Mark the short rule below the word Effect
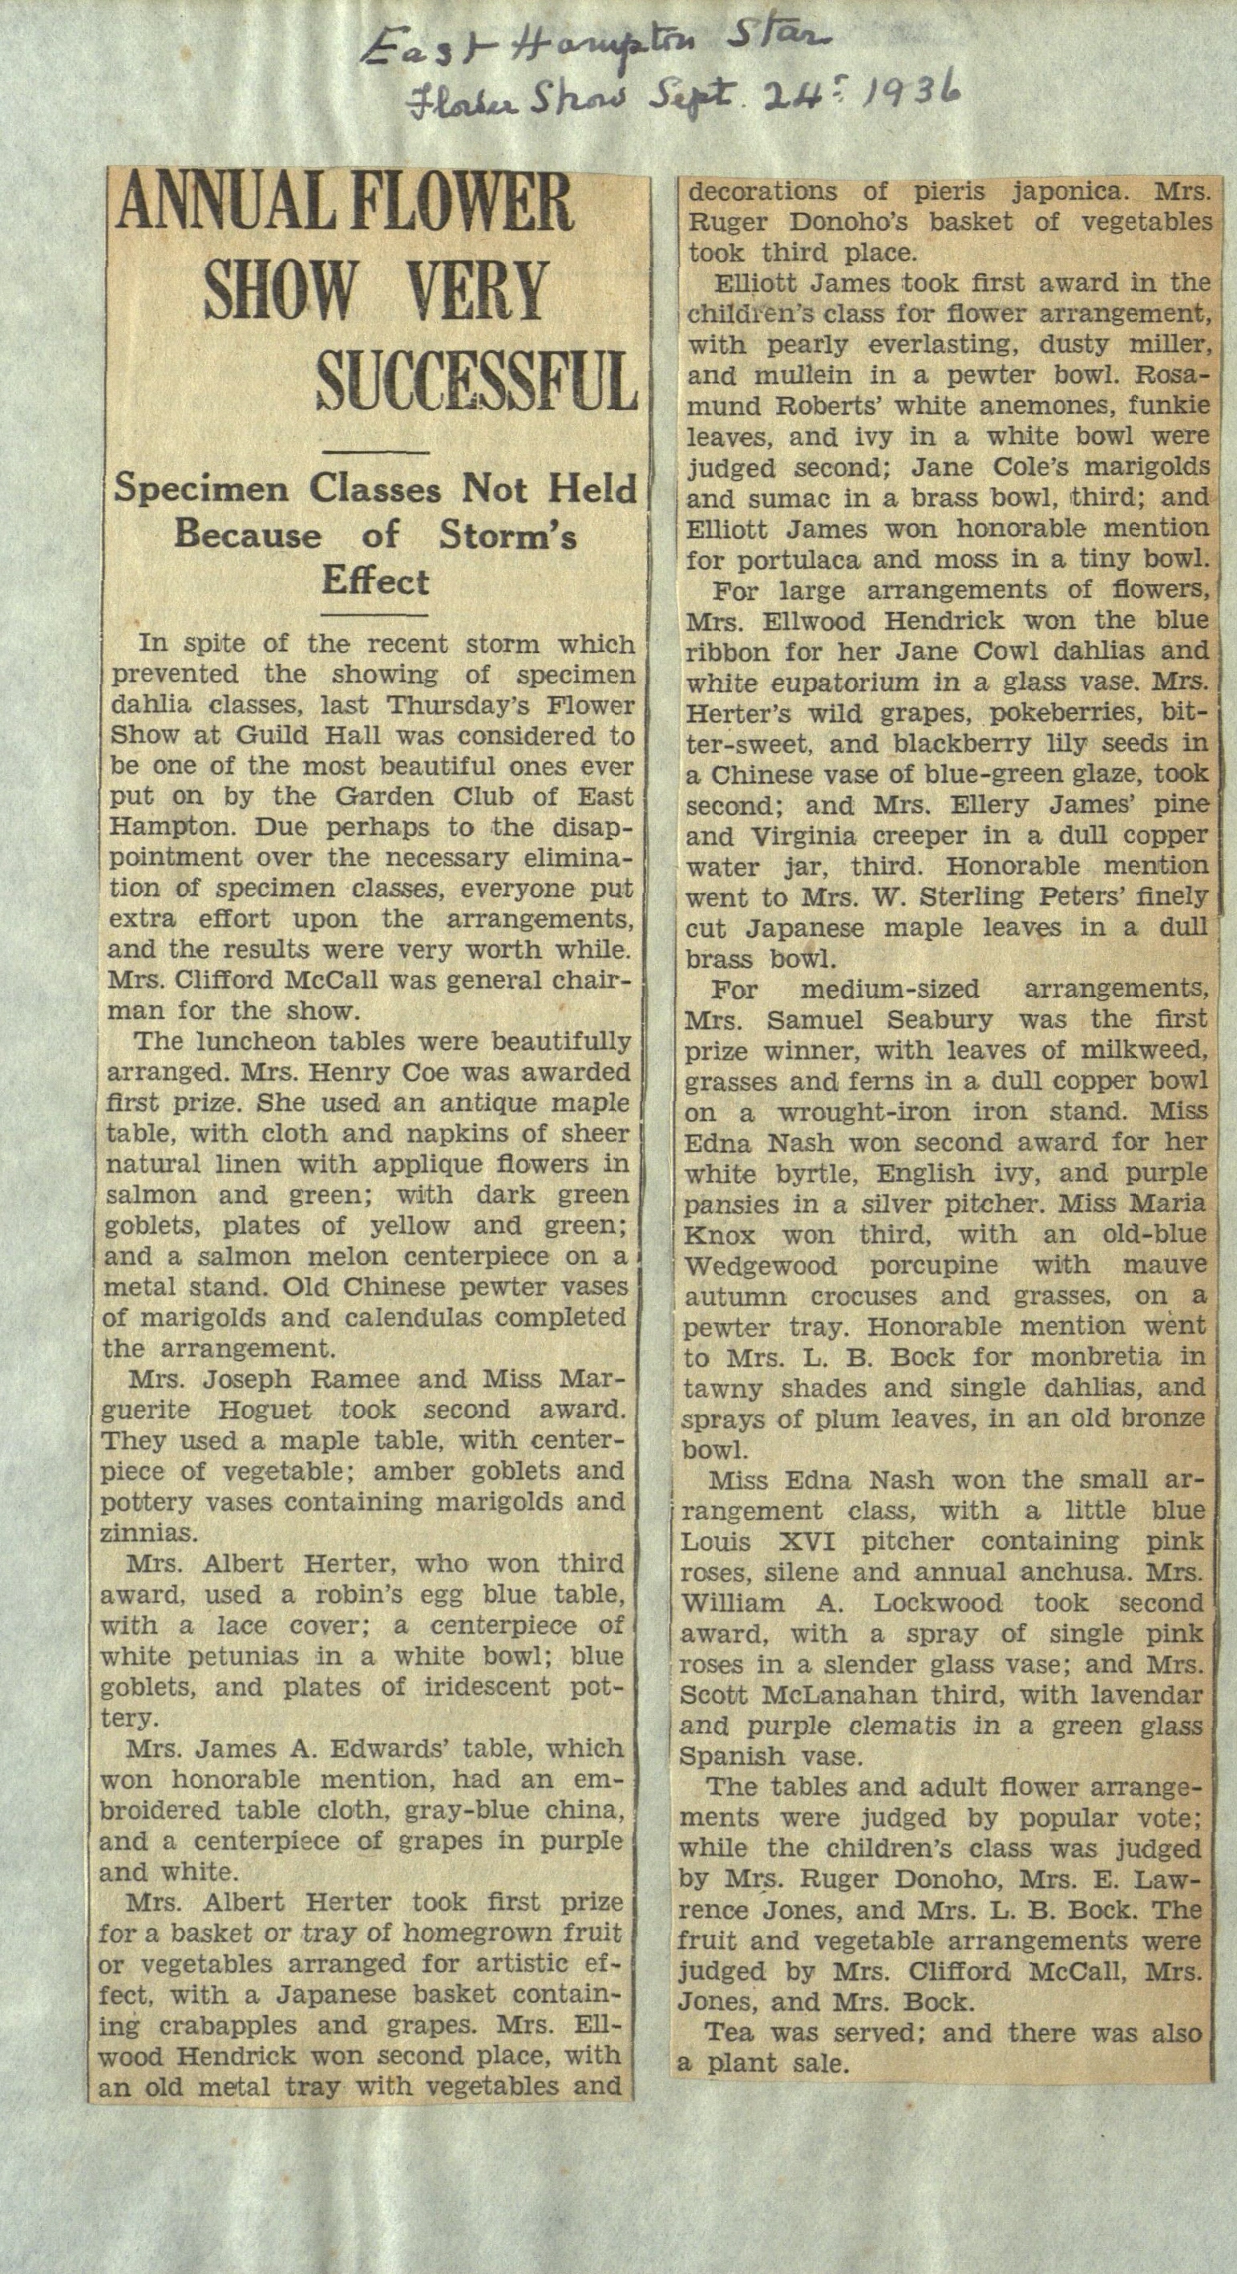click(375, 614)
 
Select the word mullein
click(766, 375)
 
